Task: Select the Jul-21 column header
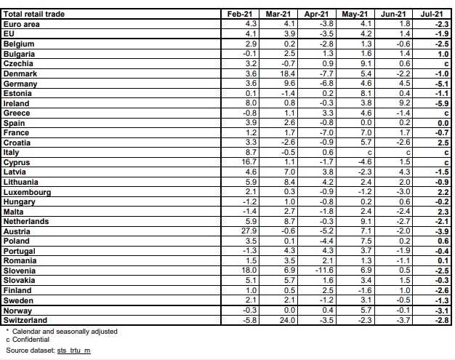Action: [433, 14]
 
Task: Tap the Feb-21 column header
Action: [241, 14]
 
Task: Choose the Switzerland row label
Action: [26, 320]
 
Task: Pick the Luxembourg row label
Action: [28, 191]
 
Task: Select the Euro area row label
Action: [23, 24]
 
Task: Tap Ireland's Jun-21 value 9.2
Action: [407, 103]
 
